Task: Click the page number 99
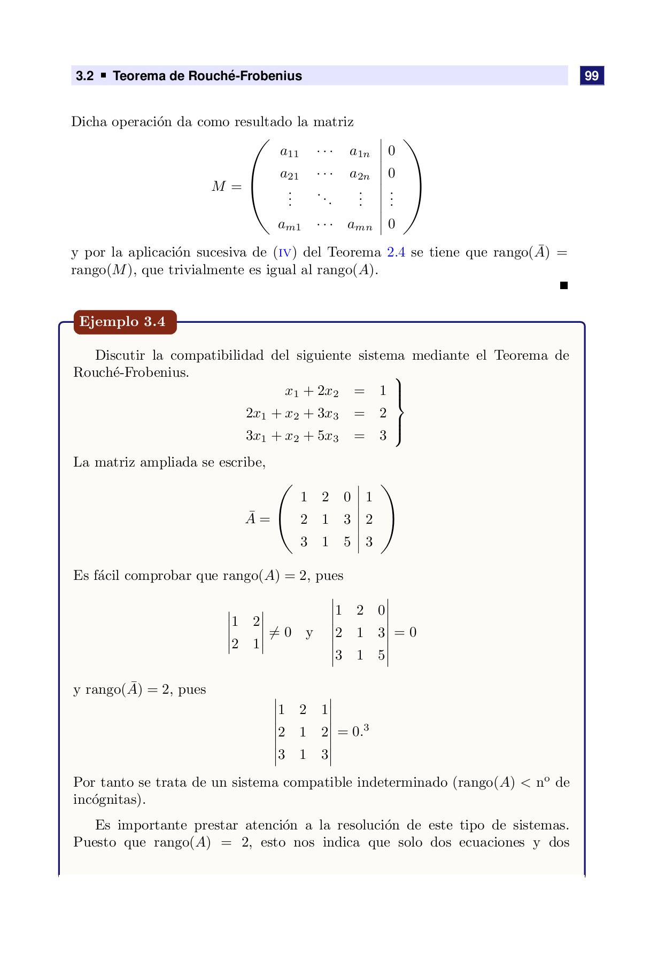(x=591, y=76)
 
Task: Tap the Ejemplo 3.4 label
(x=122, y=322)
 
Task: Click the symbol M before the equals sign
(x=219, y=187)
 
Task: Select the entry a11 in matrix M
(x=289, y=152)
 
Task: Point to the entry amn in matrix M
(x=360, y=225)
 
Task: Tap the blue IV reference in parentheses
(x=284, y=253)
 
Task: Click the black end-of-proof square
(x=563, y=285)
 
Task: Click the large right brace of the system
(x=399, y=412)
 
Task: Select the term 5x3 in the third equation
(x=328, y=436)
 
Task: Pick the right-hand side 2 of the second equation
(x=383, y=413)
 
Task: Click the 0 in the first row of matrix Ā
(x=347, y=497)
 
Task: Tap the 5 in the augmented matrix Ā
(x=347, y=542)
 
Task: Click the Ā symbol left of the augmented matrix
(x=251, y=518)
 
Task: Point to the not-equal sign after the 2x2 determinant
(x=274, y=633)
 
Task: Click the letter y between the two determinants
(x=309, y=634)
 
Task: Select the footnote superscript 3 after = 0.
(x=366, y=727)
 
